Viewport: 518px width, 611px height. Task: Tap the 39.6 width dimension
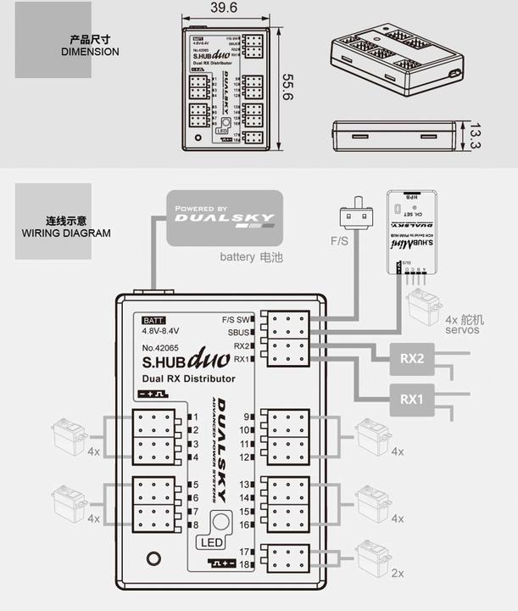pos(223,8)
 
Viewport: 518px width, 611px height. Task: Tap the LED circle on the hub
pos(220,524)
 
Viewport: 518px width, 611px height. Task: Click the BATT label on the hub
pos(154,320)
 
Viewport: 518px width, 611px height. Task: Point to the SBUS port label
pos(240,333)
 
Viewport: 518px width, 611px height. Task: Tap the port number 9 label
pos(247,417)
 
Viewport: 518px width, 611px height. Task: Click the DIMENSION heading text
pos(91,52)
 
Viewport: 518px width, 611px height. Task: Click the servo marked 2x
pos(373,557)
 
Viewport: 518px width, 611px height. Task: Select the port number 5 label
pos(195,485)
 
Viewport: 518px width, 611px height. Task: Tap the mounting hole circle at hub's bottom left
pos(153,558)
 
